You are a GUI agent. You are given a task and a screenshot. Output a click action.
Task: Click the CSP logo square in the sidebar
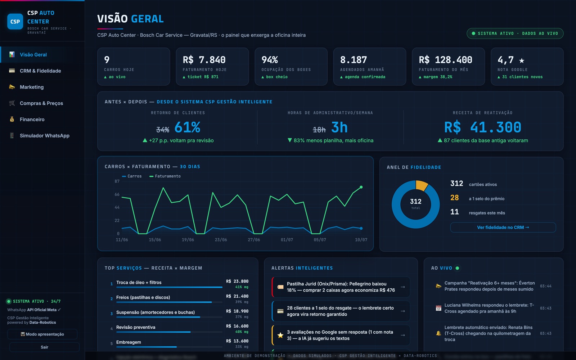(15, 21)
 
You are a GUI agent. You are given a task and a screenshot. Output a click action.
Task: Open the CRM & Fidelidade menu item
(40, 71)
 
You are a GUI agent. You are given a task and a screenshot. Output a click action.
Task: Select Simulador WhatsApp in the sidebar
(45, 135)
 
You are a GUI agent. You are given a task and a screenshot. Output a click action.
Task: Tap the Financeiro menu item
(32, 119)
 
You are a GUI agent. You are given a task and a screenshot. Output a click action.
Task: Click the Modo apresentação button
(42, 334)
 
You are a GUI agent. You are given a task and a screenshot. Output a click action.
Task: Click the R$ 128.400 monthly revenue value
(445, 60)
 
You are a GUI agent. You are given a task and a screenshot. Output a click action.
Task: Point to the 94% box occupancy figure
(270, 60)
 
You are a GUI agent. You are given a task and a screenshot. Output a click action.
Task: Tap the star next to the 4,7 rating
(522, 60)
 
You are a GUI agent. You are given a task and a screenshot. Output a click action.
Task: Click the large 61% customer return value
(187, 127)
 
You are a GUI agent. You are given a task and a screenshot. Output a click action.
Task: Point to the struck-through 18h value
(319, 130)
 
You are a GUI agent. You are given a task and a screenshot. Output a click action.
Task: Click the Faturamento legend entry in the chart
(165, 176)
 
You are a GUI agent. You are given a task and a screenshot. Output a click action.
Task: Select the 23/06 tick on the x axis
(221, 240)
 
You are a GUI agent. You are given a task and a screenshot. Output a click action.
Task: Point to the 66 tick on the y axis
(117, 194)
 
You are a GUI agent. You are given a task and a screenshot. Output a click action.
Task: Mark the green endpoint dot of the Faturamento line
(361, 187)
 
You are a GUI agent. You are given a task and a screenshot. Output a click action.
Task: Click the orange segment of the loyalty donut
(422, 185)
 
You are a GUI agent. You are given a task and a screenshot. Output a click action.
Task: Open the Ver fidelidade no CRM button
(503, 227)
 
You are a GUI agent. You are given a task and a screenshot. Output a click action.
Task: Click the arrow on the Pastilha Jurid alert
(403, 287)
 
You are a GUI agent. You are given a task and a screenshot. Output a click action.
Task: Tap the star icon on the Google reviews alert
(280, 335)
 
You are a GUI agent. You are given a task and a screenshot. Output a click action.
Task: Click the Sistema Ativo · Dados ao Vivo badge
(515, 33)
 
